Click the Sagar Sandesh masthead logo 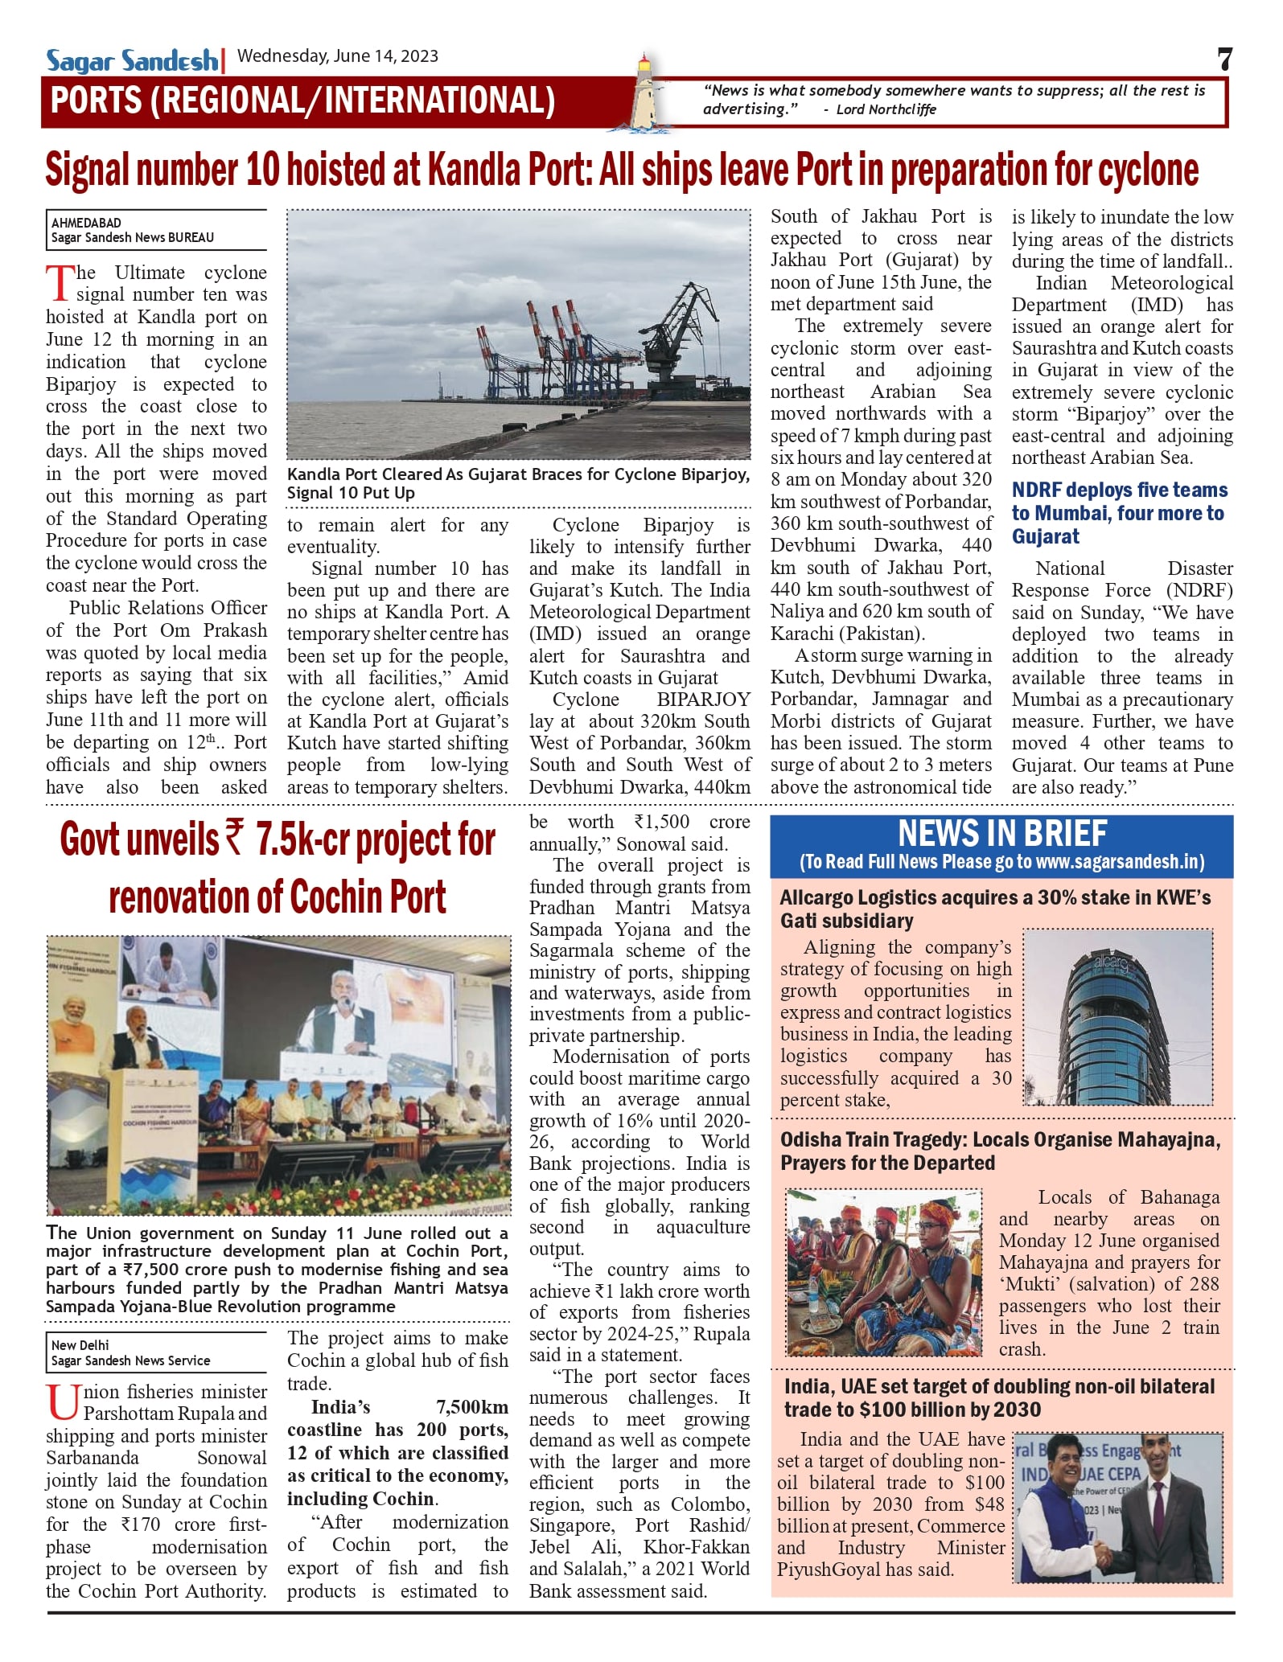131,60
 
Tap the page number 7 1223,60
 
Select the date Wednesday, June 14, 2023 338,56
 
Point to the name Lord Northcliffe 886,109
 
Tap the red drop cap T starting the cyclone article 60,283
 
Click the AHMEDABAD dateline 86,223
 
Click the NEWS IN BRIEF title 1001,833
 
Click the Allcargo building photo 1118,1018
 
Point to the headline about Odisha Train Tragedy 1000,1151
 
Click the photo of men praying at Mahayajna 883,1271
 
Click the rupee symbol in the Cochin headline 236,839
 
